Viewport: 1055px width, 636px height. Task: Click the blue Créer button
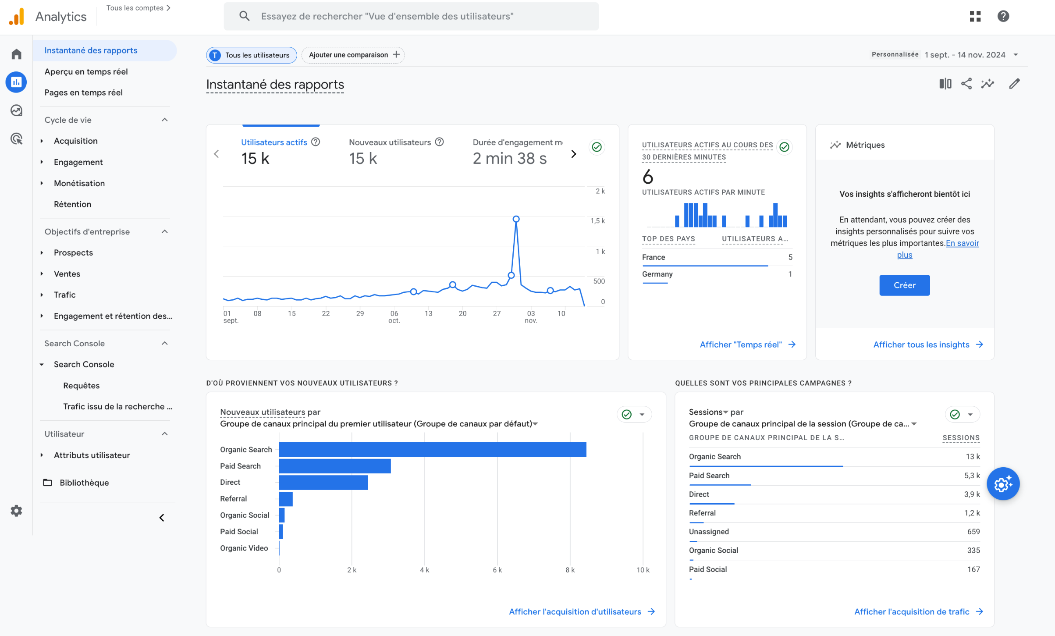click(904, 285)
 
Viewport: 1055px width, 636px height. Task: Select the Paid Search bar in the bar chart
click(334, 466)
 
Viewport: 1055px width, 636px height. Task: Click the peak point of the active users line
click(516, 219)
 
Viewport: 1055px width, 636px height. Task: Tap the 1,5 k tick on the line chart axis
click(597, 221)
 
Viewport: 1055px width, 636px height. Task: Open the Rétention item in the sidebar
click(72, 204)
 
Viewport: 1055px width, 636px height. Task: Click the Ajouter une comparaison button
click(353, 55)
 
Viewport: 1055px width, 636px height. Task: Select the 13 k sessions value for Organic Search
click(972, 457)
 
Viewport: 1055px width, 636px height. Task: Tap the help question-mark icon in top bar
click(1003, 16)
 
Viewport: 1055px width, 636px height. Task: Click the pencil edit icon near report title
click(1014, 84)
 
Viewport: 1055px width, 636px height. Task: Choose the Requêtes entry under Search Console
click(81, 386)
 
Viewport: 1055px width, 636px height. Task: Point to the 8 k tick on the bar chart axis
click(570, 570)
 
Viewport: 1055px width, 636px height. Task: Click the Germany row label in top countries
click(657, 274)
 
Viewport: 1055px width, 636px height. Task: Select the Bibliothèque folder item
click(84, 483)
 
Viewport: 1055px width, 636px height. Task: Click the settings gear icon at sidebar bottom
click(16, 511)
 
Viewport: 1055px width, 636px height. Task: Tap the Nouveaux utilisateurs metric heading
click(390, 142)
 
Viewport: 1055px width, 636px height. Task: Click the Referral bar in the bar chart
click(286, 499)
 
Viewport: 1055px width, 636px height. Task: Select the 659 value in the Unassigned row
click(973, 532)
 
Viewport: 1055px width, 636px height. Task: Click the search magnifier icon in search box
click(244, 16)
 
